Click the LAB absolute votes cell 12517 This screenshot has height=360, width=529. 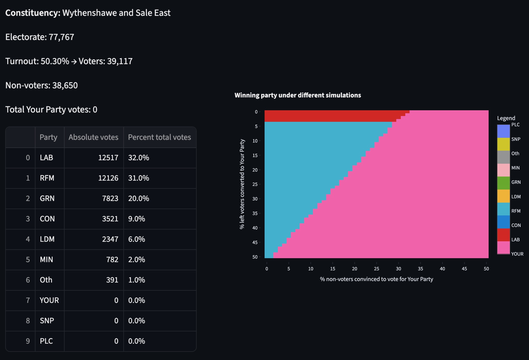coord(108,158)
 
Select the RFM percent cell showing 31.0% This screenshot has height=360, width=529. coord(138,178)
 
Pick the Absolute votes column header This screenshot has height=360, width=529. coord(93,137)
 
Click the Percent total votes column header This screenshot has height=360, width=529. coord(159,137)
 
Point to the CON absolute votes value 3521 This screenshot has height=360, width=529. coord(110,219)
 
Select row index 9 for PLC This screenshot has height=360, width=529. coord(28,341)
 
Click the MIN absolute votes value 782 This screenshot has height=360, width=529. coord(112,259)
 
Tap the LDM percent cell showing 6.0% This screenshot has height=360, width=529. coord(136,239)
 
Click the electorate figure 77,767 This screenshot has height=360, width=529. coord(61,37)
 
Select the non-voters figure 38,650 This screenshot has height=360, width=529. coord(65,85)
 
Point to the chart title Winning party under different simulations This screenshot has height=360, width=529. coord(297,95)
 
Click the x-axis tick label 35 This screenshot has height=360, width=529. coord(420,269)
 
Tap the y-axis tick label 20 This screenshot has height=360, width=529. coord(255,170)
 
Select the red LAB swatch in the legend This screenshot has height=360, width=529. coord(503,235)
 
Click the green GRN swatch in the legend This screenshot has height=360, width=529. coord(503,183)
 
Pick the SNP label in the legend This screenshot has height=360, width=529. coord(516,139)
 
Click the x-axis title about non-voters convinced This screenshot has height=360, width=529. coord(376,279)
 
